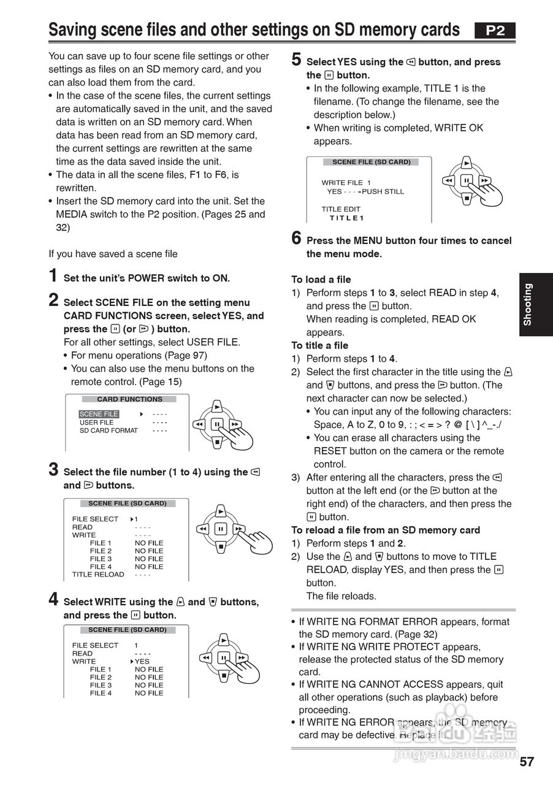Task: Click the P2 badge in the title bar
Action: [495, 31]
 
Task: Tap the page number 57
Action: [527, 762]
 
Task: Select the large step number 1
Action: [53, 276]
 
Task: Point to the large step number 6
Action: [296, 238]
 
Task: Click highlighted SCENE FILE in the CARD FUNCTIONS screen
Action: [99, 414]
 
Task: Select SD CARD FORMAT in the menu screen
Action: [109, 431]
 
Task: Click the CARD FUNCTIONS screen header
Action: [129, 399]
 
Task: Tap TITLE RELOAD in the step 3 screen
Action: [98, 575]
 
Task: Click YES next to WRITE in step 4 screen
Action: [142, 662]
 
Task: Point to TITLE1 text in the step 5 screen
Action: [346, 218]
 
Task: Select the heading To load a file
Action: [321, 280]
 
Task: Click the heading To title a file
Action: [319, 345]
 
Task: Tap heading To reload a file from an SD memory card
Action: [385, 530]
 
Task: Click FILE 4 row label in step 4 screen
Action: [101, 693]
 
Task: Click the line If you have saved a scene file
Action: [113, 254]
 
